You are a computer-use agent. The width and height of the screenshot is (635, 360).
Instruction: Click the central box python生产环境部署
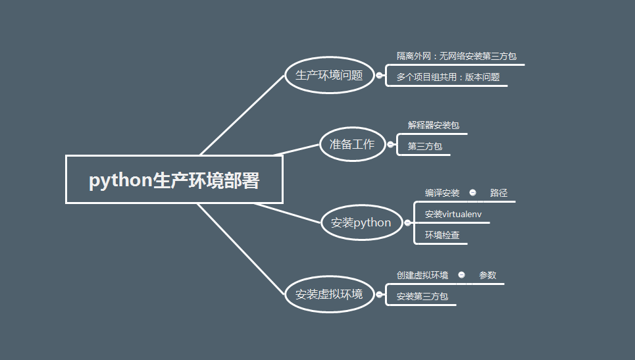(174, 180)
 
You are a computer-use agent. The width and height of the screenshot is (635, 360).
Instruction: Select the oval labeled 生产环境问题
(329, 75)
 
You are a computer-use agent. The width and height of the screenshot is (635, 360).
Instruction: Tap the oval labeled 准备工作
(352, 144)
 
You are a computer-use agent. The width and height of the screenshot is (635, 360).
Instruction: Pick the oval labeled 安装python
(361, 222)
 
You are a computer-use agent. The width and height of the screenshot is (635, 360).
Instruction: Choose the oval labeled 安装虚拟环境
(329, 294)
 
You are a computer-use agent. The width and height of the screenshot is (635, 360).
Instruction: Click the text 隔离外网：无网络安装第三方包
(456, 57)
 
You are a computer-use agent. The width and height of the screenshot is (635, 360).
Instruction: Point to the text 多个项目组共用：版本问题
(447, 77)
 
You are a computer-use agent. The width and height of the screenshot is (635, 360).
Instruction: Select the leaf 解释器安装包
(433, 125)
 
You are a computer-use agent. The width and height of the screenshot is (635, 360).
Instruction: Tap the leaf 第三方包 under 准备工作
(424, 146)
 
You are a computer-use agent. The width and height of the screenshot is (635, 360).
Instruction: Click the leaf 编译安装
(442, 193)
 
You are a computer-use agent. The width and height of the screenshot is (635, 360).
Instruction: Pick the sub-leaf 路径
(499, 193)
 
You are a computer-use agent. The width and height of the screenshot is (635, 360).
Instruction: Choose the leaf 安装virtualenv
(453, 214)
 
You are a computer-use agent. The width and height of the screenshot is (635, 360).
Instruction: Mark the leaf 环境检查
(442, 235)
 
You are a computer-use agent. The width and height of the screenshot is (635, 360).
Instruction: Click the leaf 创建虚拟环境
(422, 275)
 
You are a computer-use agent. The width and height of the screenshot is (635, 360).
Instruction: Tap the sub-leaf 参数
(488, 275)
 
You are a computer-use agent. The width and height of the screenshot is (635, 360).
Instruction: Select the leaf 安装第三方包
(422, 297)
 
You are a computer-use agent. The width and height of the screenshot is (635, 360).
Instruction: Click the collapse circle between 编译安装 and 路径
(472, 193)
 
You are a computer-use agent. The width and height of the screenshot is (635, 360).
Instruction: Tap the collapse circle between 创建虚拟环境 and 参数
(461, 275)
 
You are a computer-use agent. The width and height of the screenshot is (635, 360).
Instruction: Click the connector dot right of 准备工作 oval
(390, 145)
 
